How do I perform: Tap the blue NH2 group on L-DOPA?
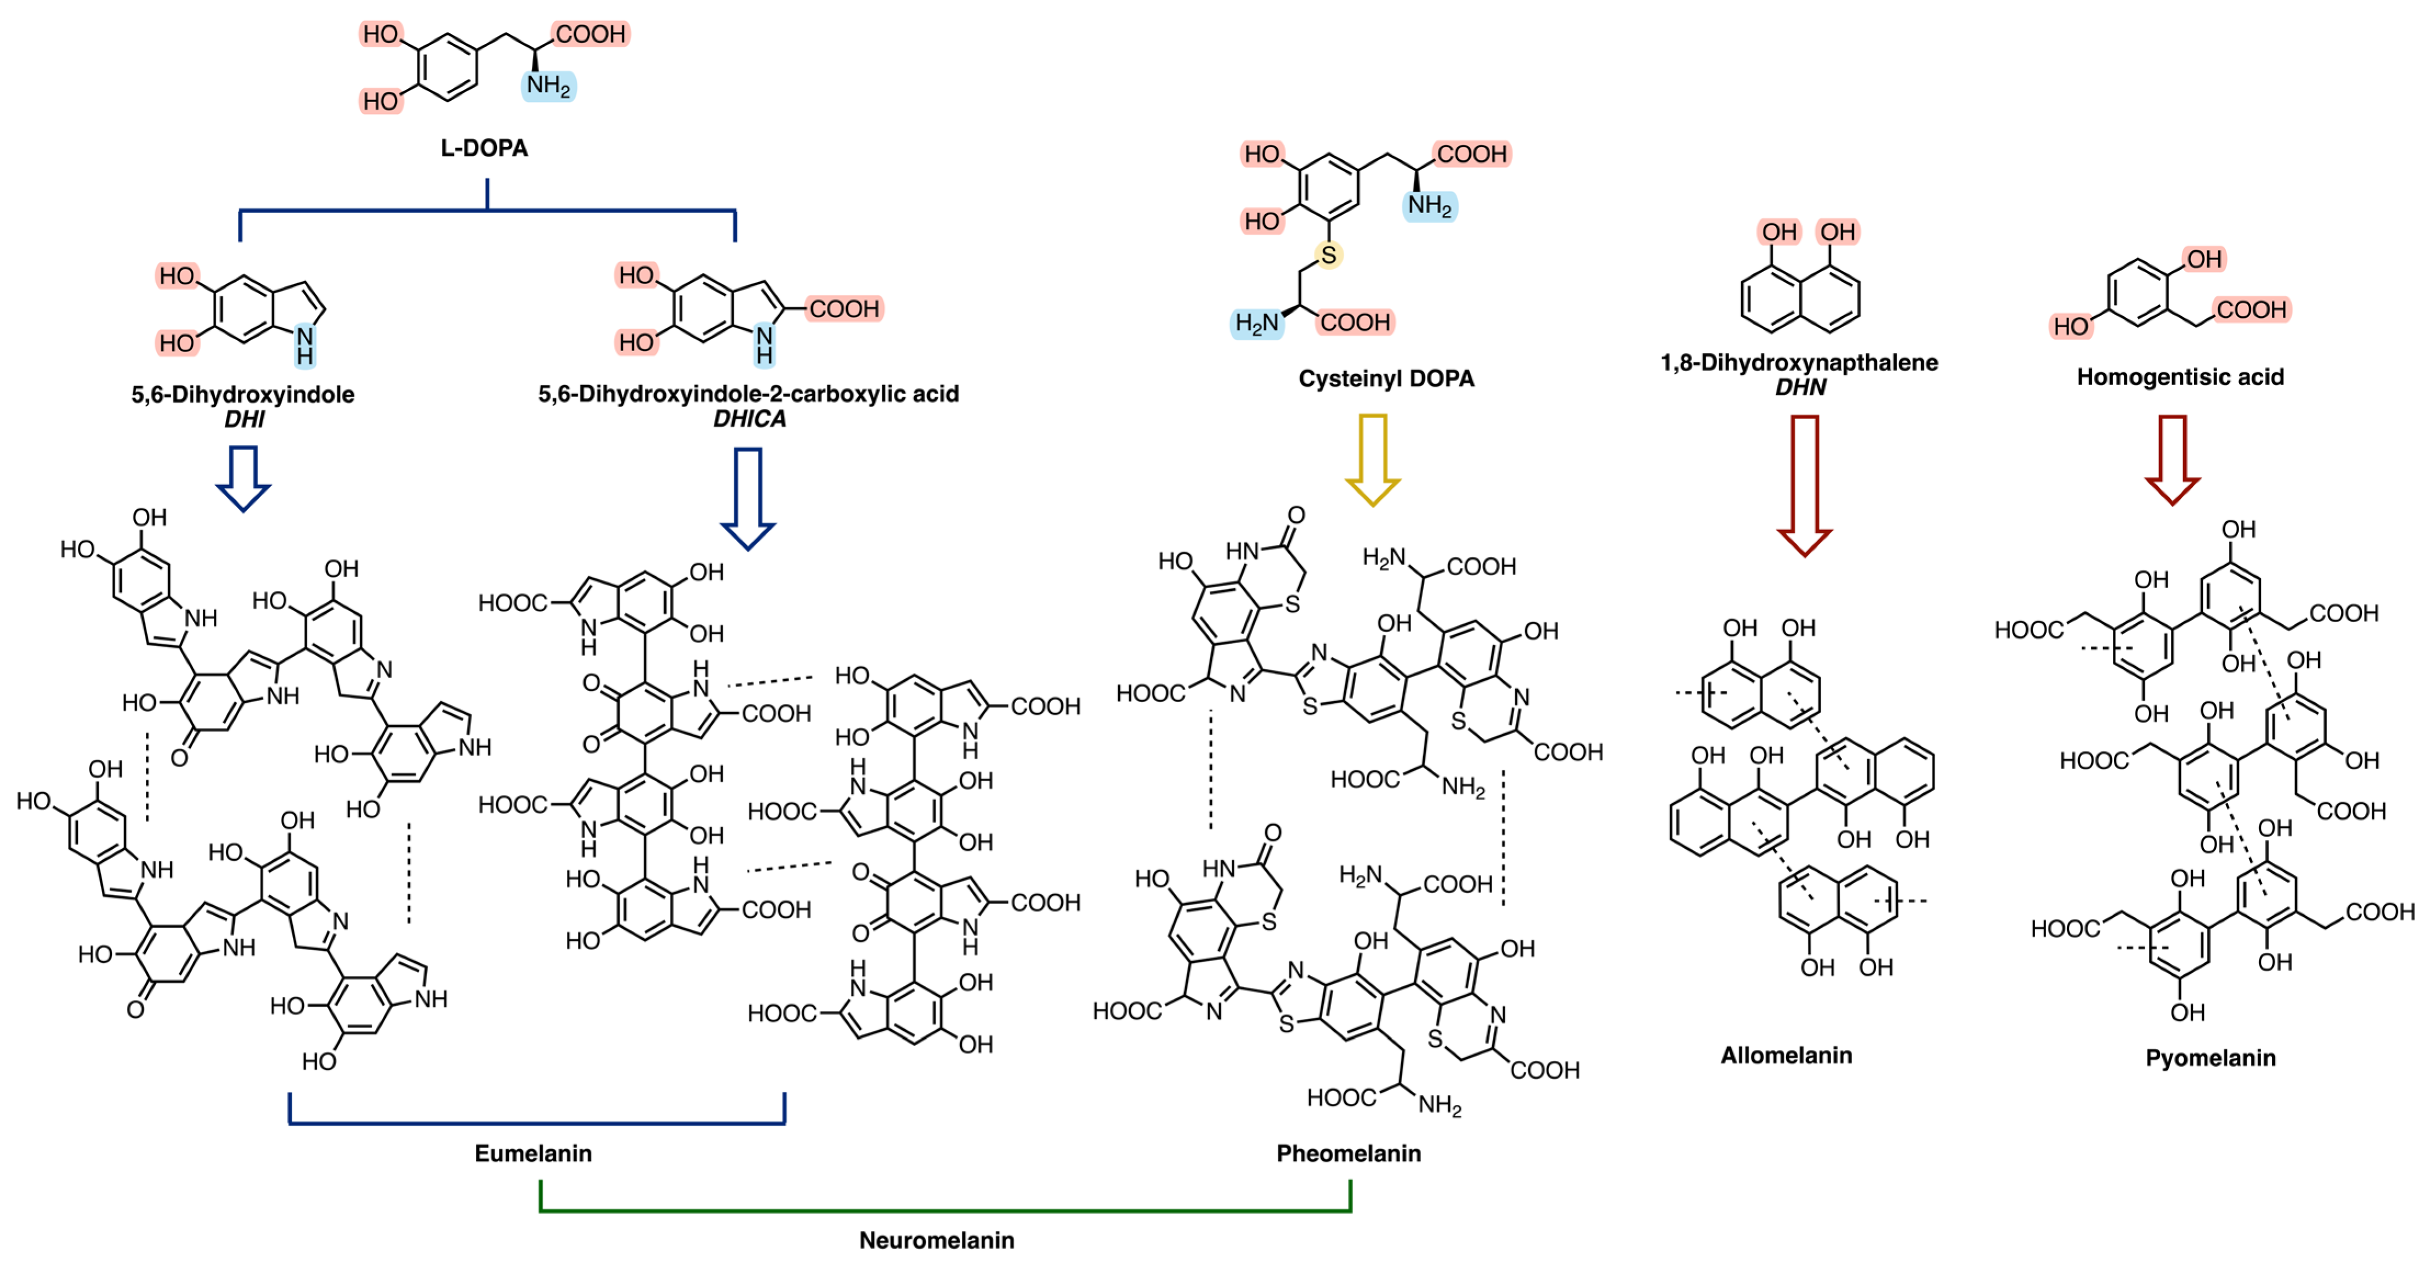coord(548,86)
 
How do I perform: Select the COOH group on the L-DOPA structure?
coord(590,34)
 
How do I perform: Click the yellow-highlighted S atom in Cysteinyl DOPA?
coord(1329,255)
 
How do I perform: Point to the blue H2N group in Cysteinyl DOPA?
coord(1257,323)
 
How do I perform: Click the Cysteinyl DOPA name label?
coord(1385,379)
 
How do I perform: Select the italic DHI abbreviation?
coord(243,419)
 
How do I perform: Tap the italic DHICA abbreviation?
coord(749,419)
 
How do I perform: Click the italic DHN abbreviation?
coord(1800,387)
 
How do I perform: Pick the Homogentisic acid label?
coord(2180,377)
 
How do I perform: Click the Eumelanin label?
coord(533,1154)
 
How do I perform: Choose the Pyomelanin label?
coord(2210,1058)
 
